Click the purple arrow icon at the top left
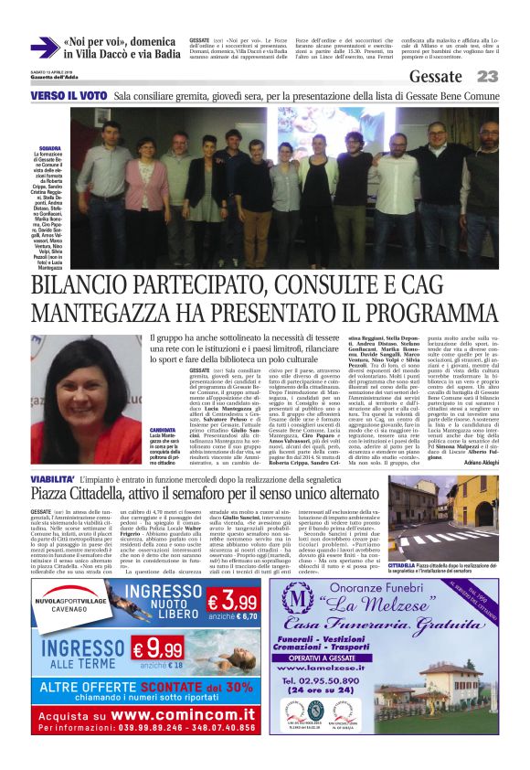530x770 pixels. coord(43,48)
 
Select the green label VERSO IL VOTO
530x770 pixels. coord(69,95)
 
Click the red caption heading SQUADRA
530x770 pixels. coord(49,145)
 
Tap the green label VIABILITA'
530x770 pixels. coord(56,477)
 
